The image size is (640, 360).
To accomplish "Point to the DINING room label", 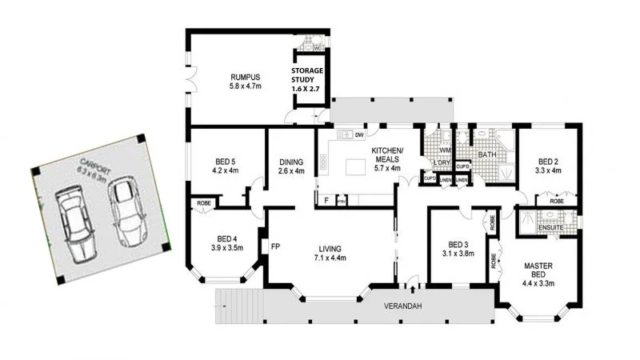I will (288, 164).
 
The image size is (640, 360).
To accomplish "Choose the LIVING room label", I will (330, 253).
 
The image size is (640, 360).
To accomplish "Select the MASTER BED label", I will (538, 271).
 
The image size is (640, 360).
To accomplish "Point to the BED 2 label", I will (547, 164).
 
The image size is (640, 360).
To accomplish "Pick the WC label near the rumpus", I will (318, 49).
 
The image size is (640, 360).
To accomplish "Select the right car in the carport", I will (126, 211).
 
